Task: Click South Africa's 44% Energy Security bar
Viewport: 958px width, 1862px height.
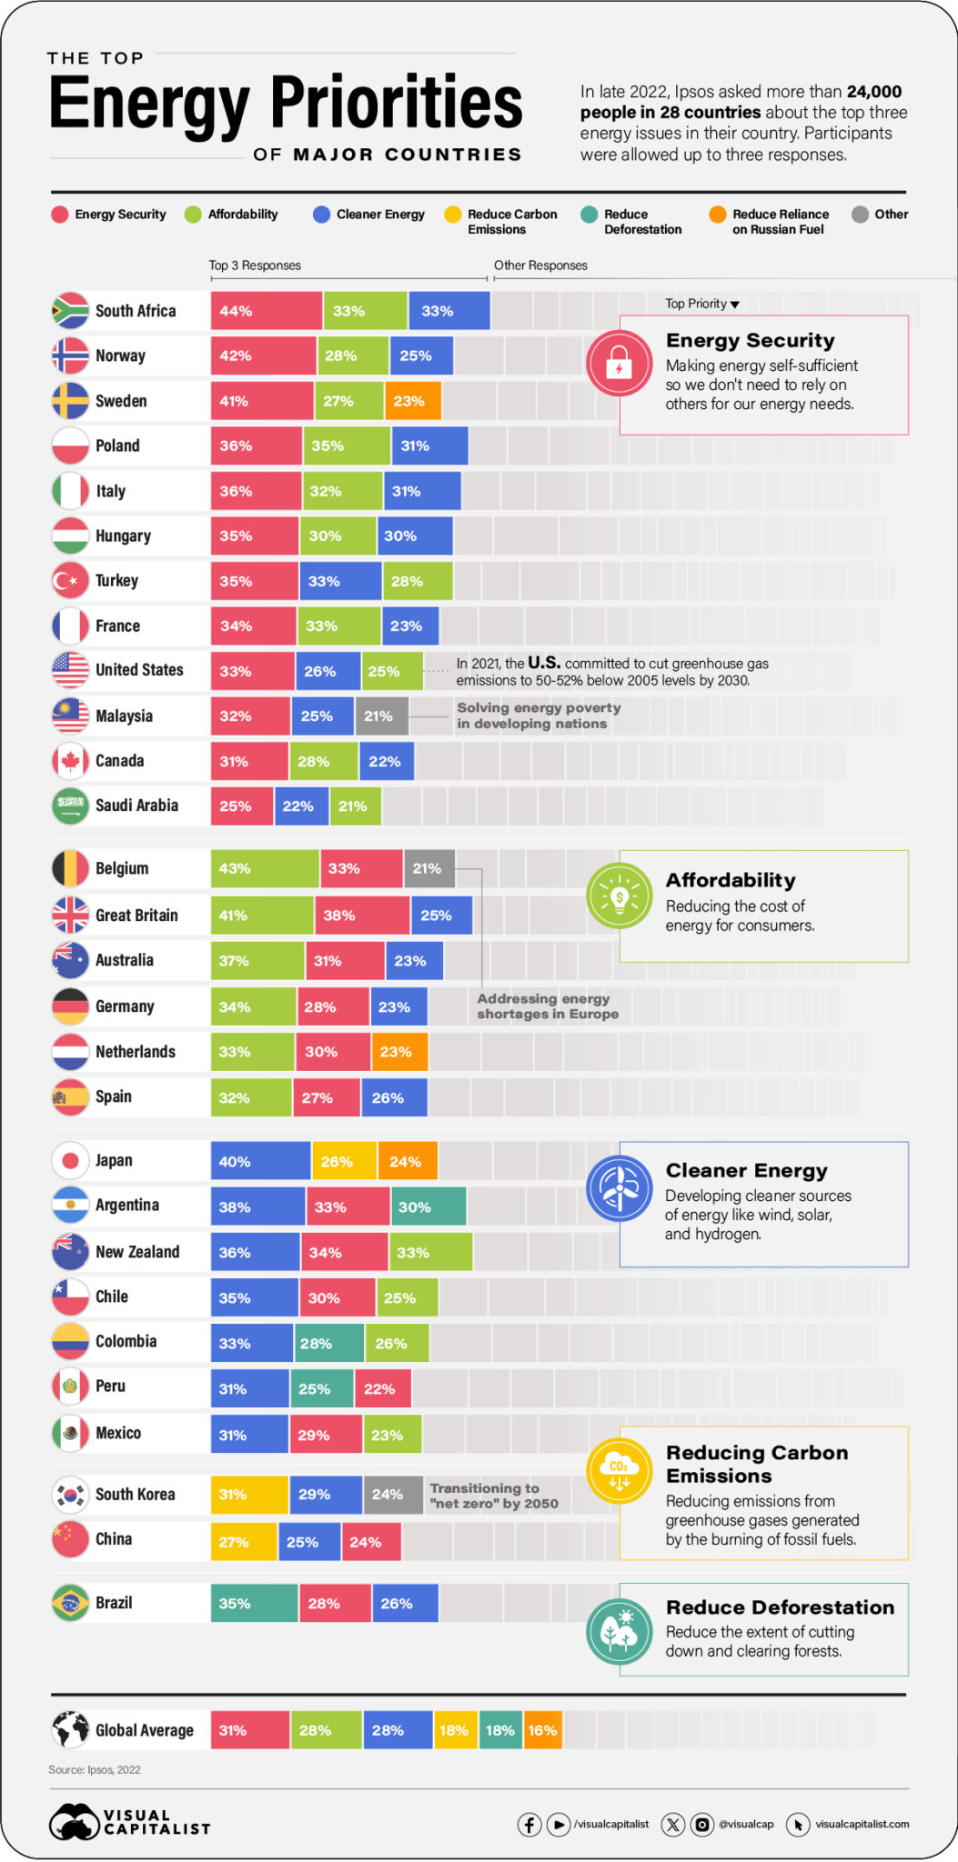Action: (266, 311)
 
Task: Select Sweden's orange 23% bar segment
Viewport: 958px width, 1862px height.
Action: (412, 401)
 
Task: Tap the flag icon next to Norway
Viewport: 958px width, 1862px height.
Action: (70, 355)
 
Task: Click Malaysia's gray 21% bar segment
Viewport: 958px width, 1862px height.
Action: (381, 716)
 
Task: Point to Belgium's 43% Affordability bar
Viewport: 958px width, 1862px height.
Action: (265, 868)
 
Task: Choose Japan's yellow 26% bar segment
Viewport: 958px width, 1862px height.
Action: (344, 1161)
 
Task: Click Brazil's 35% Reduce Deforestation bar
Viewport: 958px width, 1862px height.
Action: (255, 1603)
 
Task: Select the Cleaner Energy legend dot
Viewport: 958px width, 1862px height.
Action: (321, 215)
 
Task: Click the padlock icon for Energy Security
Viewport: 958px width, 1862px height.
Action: (620, 363)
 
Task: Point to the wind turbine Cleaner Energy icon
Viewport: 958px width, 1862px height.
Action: (620, 1188)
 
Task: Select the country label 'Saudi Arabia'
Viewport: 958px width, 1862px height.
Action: (136, 806)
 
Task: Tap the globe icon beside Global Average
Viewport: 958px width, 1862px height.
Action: (70, 1729)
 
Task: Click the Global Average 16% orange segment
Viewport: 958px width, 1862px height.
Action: (543, 1730)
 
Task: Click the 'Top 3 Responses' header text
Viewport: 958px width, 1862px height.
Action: (255, 265)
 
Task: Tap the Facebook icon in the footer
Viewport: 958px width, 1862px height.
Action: (529, 1824)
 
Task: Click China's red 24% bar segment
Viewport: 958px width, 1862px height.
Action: (370, 1542)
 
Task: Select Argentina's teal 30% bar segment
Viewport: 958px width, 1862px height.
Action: (429, 1206)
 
